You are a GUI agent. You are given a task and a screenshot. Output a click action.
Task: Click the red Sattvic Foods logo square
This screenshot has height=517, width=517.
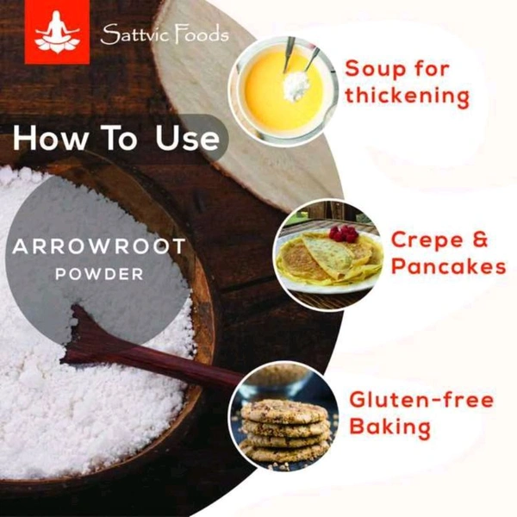57,32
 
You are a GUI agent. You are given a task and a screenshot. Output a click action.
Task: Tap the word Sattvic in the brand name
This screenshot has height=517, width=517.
134,34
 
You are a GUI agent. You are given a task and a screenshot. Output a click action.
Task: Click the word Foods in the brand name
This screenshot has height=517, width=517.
201,34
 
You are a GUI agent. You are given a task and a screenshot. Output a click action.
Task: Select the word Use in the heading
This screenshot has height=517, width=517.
187,138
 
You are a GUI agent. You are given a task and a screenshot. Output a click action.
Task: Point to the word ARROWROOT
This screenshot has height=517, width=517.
99,246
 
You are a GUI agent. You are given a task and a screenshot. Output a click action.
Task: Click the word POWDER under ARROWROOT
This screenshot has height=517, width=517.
99,274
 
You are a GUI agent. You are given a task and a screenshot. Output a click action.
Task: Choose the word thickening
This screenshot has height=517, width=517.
407,96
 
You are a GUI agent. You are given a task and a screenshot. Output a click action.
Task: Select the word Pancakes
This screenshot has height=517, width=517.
448,266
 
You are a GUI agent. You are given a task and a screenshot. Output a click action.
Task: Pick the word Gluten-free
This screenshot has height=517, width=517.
421,400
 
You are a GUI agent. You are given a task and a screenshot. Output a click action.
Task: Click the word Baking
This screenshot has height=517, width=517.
390,427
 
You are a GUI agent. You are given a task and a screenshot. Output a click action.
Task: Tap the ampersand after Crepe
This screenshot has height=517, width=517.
480,240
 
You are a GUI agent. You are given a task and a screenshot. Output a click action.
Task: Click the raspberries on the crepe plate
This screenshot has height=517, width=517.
344,234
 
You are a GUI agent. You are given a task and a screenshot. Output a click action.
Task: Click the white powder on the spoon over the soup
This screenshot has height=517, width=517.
296,85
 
